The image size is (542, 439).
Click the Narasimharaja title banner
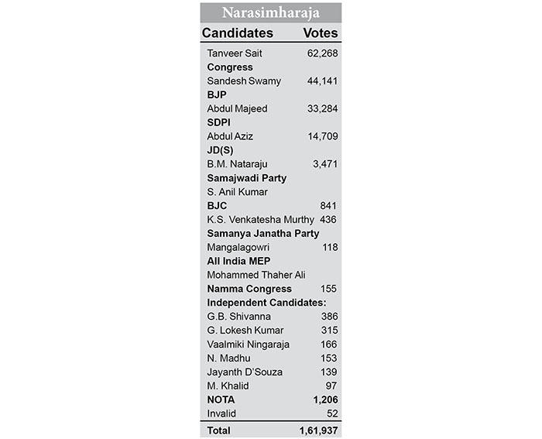(270, 12)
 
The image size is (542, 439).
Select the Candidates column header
(237, 33)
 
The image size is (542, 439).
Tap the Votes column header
(320, 33)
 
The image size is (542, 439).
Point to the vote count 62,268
(322, 53)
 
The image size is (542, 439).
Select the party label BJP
(217, 94)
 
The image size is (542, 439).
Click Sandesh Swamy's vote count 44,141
(322, 81)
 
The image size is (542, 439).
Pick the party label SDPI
(219, 122)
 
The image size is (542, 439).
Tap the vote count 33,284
(322, 108)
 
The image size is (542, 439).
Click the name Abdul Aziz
(231, 136)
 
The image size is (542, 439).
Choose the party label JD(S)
(220, 150)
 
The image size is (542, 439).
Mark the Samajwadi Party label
(246, 178)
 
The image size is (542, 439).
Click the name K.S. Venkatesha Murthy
(260, 219)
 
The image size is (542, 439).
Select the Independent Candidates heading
(266, 302)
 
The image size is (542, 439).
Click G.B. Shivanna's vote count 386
(329, 317)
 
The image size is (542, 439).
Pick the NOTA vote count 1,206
(324, 400)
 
